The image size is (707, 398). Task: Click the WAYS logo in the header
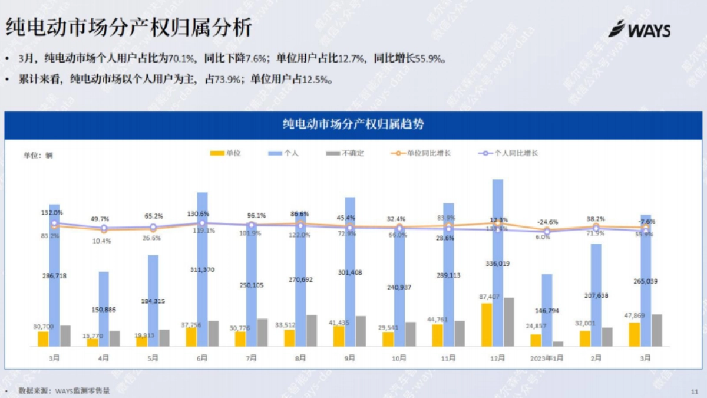[x=639, y=29]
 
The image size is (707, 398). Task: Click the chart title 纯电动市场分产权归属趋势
[x=353, y=124]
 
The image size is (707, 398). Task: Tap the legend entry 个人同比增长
[x=507, y=153]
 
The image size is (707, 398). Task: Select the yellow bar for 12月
[x=487, y=325]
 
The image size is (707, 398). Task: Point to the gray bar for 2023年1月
[x=558, y=343]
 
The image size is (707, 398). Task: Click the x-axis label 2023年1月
[x=547, y=357]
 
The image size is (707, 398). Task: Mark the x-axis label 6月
[x=202, y=357]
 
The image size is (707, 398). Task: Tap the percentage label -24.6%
[x=547, y=222]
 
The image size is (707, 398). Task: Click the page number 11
[x=693, y=391]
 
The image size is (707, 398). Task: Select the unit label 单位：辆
[x=38, y=155]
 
